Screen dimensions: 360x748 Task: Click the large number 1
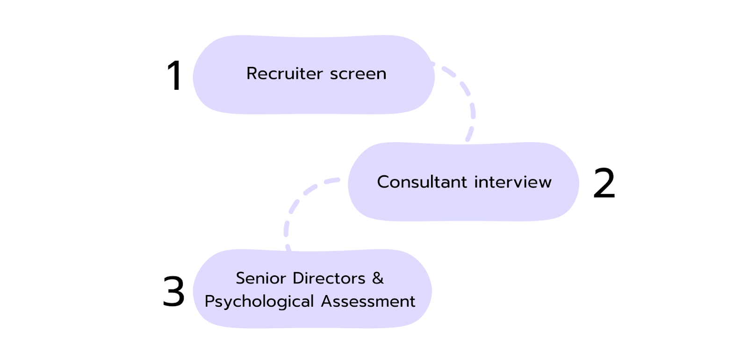(174, 76)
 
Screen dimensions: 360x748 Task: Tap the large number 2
(604, 183)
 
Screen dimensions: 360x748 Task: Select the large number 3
(173, 291)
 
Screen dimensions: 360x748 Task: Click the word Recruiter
(285, 74)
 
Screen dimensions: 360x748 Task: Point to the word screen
(358, 74)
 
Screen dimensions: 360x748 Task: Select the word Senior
(261, 278)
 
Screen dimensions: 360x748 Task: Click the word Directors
(329, 278)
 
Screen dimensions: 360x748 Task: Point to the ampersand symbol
(378, 278)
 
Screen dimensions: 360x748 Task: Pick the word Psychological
(259, 302)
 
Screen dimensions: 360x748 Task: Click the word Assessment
(368, 301)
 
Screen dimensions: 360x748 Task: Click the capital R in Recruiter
(252, 73)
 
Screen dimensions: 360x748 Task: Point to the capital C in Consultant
(383, 182)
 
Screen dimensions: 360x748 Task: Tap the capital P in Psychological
(209, 302)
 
